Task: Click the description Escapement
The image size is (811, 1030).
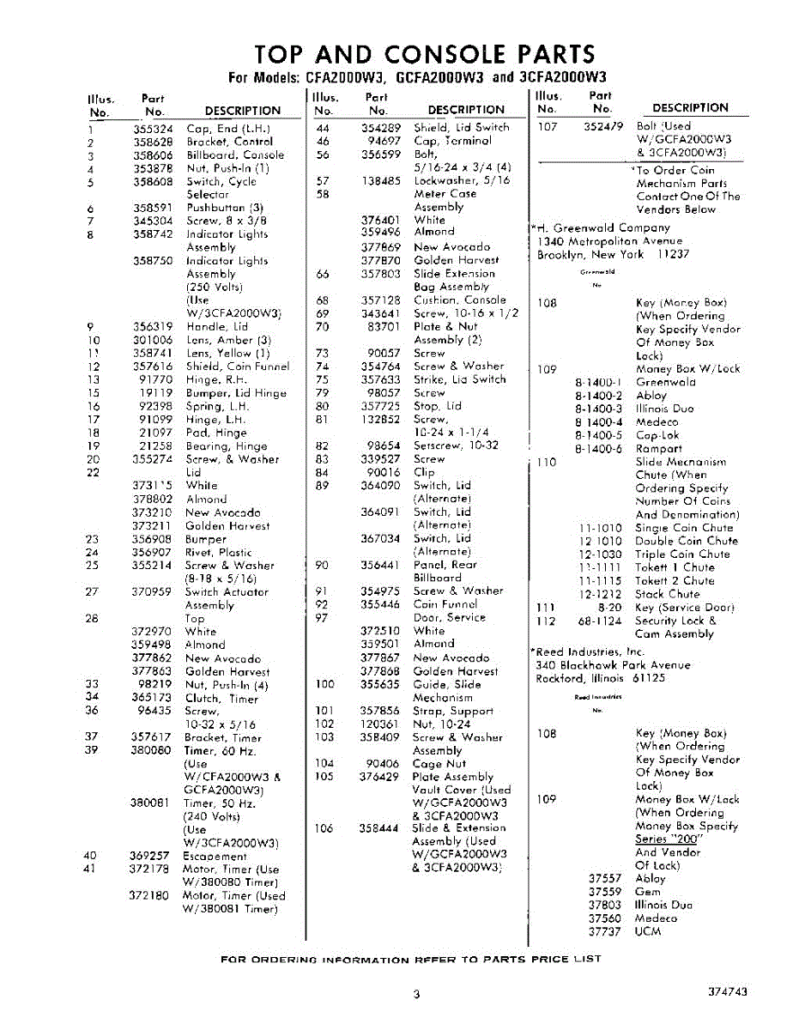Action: [215, 857]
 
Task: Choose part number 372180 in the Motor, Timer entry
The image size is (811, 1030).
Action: [151, 896]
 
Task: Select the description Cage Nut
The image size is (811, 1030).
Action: [439, 764]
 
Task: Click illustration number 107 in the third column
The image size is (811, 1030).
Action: [548, 127]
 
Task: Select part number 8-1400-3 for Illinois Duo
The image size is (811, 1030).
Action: [598, 409]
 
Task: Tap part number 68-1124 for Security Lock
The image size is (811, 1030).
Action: [599, 621]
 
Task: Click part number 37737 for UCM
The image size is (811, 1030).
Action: [604, 931]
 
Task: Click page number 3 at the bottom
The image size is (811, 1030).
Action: [415, 995]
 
